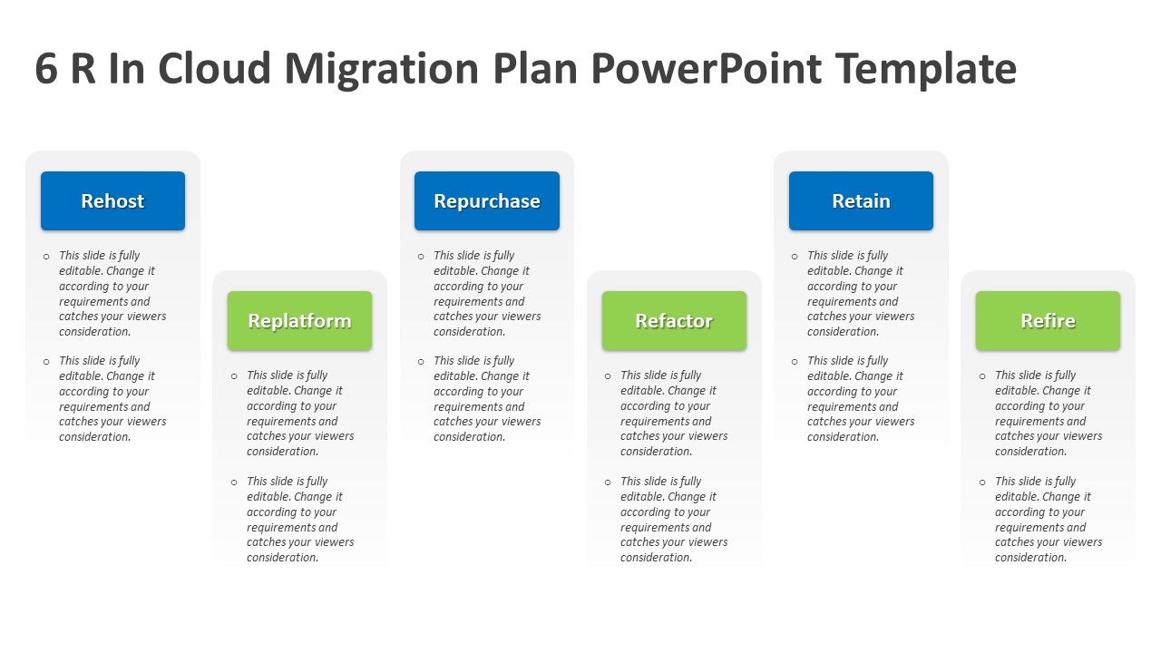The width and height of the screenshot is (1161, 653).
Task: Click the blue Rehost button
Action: (x=112, y=201)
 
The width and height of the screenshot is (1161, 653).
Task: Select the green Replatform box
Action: (x=299, y=321)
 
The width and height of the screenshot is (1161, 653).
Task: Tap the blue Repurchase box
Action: (x=487, y=201)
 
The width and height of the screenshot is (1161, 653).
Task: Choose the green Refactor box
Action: (x=674, y=321)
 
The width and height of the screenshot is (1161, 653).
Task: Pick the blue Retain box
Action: (x=861, y=201)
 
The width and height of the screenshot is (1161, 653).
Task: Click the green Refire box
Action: (x=1048, y=321)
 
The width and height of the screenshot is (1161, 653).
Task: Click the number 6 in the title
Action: (x=47, y=69)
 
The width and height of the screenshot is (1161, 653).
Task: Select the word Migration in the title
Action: (x=382, y=69)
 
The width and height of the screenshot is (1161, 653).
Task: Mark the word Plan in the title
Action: (x=539, y=69)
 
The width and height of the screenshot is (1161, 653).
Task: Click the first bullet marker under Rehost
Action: (x=46, y=257)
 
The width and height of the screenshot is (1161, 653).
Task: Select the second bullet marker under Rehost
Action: (x=46, y=362)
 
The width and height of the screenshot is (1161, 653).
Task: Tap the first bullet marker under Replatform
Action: (x=234, y=376)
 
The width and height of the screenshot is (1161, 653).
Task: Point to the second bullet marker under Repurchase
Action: (x=421, y=362)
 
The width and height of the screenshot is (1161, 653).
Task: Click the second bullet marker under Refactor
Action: (x=608, y=482)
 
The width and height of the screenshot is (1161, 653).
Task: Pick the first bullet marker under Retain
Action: (x=795, y=257)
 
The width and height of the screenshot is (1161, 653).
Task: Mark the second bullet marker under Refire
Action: (x=982, y=482)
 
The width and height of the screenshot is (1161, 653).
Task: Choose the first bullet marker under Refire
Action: (x=982, y=376)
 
